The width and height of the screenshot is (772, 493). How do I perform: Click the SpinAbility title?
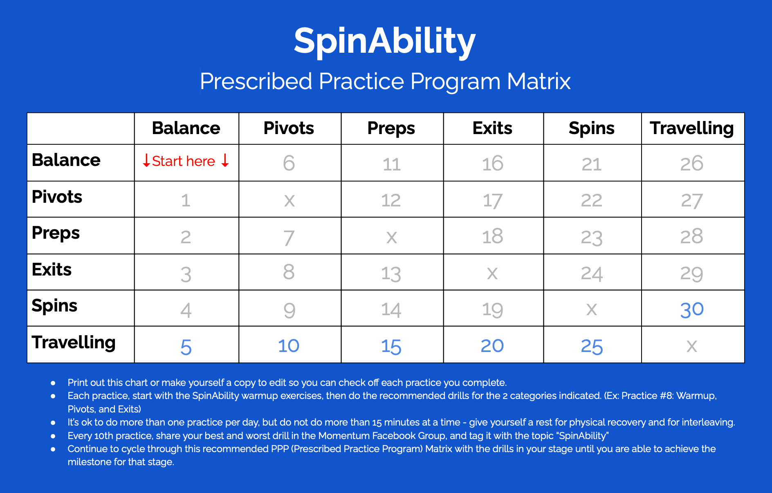point(384,41)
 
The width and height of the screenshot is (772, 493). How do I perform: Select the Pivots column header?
point(289,128)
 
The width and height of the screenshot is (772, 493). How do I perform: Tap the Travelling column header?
point(692,128)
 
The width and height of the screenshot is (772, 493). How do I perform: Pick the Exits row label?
point(52,270)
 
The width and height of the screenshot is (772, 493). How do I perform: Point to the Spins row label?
point(55,306)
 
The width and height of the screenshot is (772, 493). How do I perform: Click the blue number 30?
point(692,309)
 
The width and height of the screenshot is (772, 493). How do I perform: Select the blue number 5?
point(186,347)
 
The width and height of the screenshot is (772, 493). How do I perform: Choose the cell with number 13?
point(391,273)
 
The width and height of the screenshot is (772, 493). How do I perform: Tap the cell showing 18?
point(492,236)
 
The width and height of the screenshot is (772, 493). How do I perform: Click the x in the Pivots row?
point(289,200)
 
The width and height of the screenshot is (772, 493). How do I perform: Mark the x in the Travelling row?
point(691,346)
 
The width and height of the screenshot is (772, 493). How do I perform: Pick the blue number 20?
point(492,346)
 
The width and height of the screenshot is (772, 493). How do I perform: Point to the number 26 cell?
point(692,164)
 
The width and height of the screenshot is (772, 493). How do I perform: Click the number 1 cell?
point(186,200)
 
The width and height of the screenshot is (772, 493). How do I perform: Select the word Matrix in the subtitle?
point(539,81)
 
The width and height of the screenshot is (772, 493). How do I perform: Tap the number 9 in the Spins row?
point(289,310)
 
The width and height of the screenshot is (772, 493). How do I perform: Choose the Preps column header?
point(391,128)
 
